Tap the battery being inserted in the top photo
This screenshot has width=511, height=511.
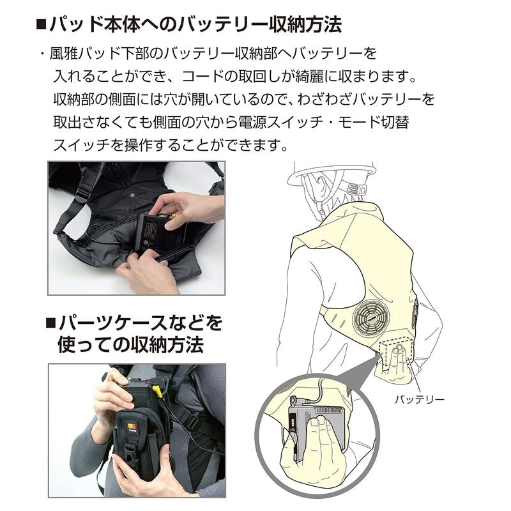(160, 233)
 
